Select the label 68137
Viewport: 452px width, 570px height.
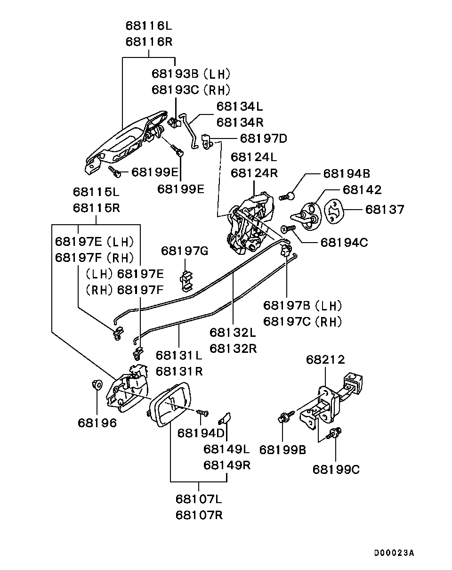[385, 210]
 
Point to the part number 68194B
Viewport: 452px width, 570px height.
[347, 174]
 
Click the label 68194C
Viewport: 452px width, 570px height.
[344, 243]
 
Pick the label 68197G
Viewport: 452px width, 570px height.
[184, 251]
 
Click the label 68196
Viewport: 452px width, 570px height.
[97, 423]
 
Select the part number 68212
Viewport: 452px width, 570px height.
[325, 360]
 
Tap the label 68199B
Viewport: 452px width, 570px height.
[282, 450]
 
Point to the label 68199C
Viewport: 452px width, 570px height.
[336, 470]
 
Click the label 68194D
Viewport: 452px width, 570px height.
[201, 432]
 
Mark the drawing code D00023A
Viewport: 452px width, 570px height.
[394, 553]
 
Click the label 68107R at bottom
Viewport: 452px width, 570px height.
[199, 515]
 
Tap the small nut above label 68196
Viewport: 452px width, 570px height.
[96, 384]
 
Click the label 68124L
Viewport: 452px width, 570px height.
[254, 157]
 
